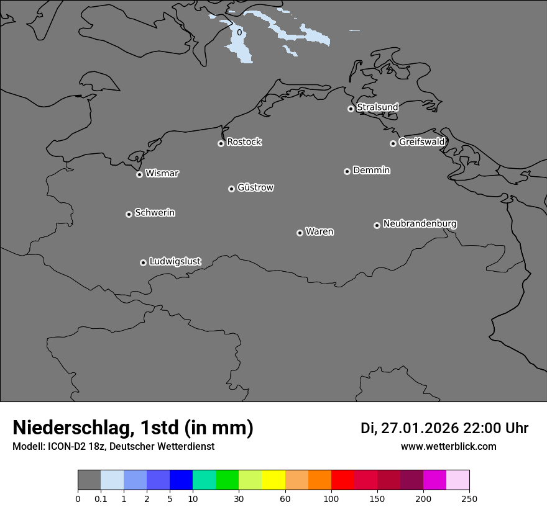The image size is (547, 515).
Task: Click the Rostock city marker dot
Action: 221,143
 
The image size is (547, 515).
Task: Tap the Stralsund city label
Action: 377,107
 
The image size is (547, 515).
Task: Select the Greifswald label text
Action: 421,142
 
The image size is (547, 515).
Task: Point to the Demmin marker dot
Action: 347,171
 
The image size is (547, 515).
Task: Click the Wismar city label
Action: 162,174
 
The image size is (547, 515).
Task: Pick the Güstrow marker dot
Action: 231,189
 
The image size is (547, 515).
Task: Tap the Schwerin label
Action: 155,213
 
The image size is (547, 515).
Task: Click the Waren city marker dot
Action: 300,233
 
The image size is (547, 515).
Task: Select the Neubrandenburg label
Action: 420,224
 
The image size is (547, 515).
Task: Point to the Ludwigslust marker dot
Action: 143,262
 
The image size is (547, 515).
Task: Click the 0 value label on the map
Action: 239,32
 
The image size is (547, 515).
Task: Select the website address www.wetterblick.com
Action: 448,446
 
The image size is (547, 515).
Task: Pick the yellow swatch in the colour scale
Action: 273,480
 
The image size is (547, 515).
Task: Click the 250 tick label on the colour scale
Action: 469,499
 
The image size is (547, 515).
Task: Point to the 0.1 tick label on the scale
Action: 101,499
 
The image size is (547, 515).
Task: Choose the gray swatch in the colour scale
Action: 89,480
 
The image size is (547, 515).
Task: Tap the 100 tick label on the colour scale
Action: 331,499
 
